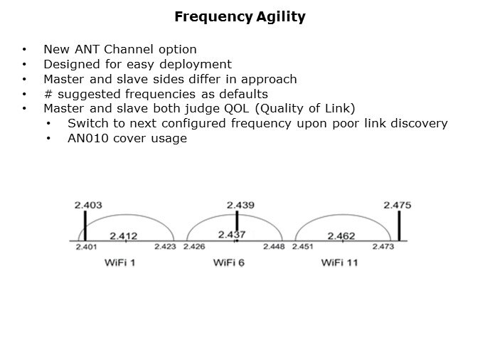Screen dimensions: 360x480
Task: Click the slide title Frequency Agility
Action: click(x=240, y=17)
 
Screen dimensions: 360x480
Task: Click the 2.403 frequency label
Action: click(x=88, y=206)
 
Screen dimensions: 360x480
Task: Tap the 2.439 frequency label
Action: click(x=241, y=206)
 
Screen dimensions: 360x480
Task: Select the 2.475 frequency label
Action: click(x=398, y=206)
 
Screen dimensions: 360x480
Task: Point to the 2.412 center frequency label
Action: click(x=123, y=235)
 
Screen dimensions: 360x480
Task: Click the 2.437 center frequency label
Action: click(x=232, y=235)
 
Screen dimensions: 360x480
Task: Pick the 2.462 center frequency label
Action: click(x=341, y=235)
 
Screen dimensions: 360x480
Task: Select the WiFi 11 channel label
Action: click(x=340, y=263)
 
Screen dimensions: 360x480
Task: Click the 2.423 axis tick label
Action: click(x=165, y=248)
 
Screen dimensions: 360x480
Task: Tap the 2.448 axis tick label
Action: click(x=274, y=248)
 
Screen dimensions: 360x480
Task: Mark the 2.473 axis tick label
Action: click(x=383, y=248)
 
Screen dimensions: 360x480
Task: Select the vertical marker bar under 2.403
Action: click(x=85, y=227)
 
